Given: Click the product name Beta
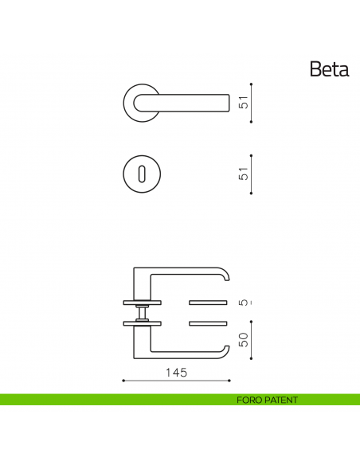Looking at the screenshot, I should pos(329,69).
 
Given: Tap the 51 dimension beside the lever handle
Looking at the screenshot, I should pos(245,102).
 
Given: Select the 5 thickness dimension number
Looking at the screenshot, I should pos(245,303).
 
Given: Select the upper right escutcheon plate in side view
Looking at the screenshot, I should pos(209,303).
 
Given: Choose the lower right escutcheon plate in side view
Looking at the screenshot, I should pos(209,322).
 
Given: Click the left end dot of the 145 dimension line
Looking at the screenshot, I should pos(123,381).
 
